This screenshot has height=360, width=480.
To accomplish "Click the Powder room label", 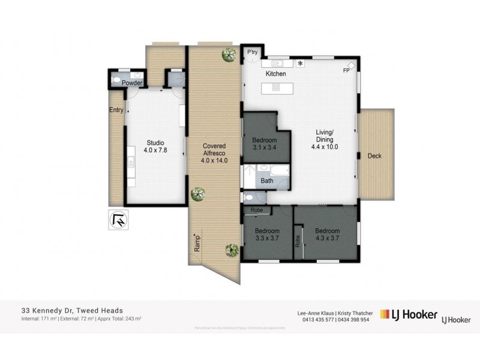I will point(133,83).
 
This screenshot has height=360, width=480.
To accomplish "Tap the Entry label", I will point(116,110).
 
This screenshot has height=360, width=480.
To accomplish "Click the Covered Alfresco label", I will point(214,153).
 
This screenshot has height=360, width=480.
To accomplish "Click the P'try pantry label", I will point(253,53).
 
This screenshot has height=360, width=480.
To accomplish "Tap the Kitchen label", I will point(275,73).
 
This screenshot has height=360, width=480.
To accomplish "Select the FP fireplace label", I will point(346,71).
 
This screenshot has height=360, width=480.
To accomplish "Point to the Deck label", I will point(374,156).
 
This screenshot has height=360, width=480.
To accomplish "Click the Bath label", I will point(267,180).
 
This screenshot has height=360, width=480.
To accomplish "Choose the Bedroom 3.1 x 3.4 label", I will point(264,143).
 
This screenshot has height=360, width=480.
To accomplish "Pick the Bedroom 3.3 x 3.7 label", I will point(267,235).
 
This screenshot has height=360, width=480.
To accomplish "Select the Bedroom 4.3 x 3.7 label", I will point(328,235).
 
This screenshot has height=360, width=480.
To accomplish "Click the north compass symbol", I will point(119,220).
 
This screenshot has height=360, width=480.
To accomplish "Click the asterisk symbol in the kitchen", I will point(301,63).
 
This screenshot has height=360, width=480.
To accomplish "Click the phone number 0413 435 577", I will point(314,319).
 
